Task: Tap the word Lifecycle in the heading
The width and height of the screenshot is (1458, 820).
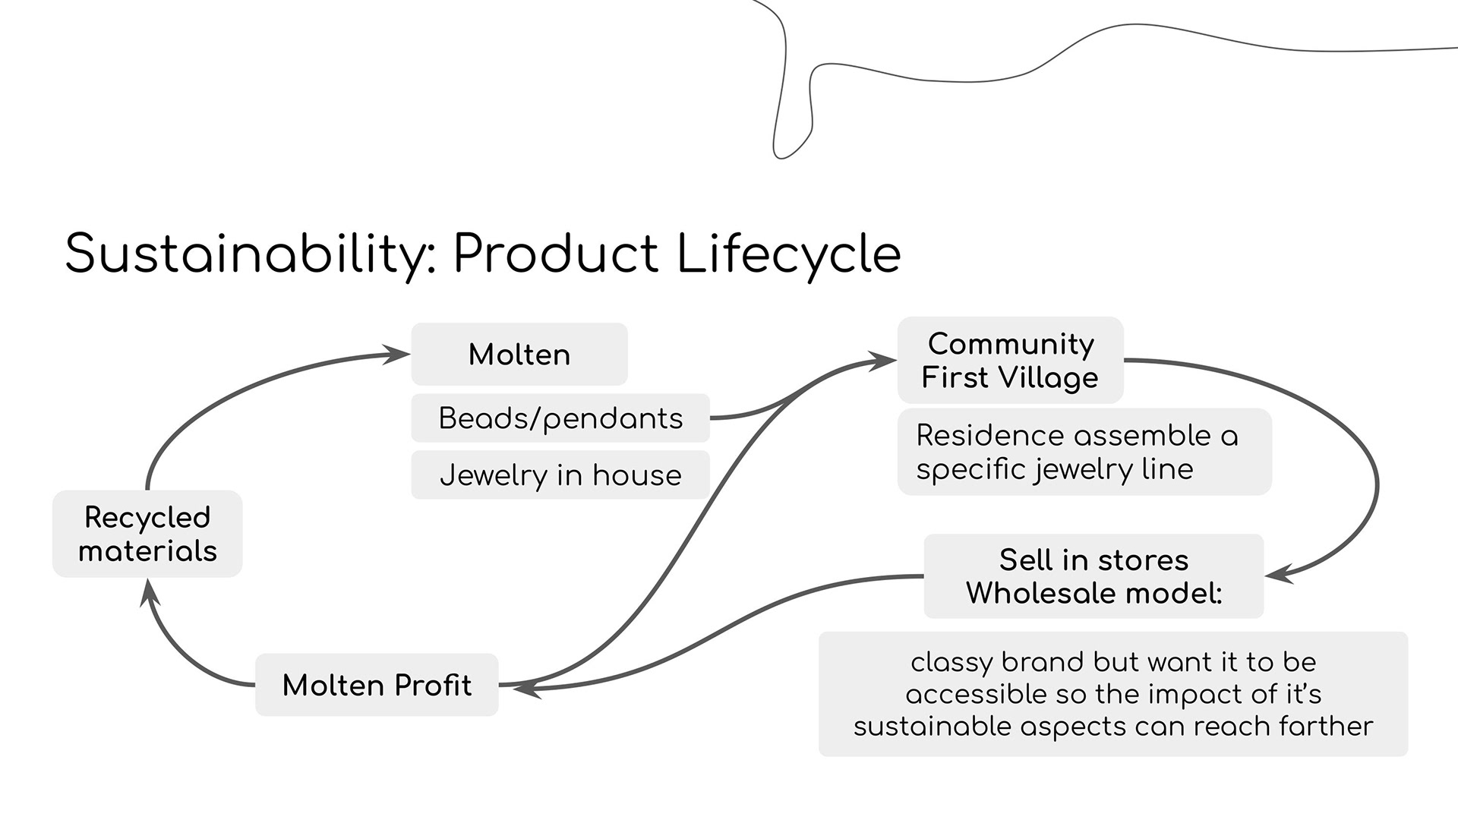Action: pos(787,254)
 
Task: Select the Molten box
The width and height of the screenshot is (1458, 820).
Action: pos(519,355)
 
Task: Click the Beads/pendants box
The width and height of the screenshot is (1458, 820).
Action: pos(560,418)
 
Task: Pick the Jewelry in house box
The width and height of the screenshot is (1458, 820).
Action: pos(560,475)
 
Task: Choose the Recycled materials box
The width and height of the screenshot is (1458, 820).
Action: pos(147,534)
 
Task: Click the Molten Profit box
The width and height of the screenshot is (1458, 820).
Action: pos(377,685)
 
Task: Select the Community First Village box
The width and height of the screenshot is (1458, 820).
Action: pos(1010,361)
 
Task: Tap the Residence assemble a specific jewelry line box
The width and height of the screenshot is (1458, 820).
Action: pos(1084,453)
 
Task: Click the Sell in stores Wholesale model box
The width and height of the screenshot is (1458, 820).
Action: pos(1093,576)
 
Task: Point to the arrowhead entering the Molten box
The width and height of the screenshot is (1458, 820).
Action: pos(397,354)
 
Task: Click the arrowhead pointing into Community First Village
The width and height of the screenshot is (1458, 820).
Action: pos(883,361)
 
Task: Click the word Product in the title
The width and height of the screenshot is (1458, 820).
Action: pos(556,254)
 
